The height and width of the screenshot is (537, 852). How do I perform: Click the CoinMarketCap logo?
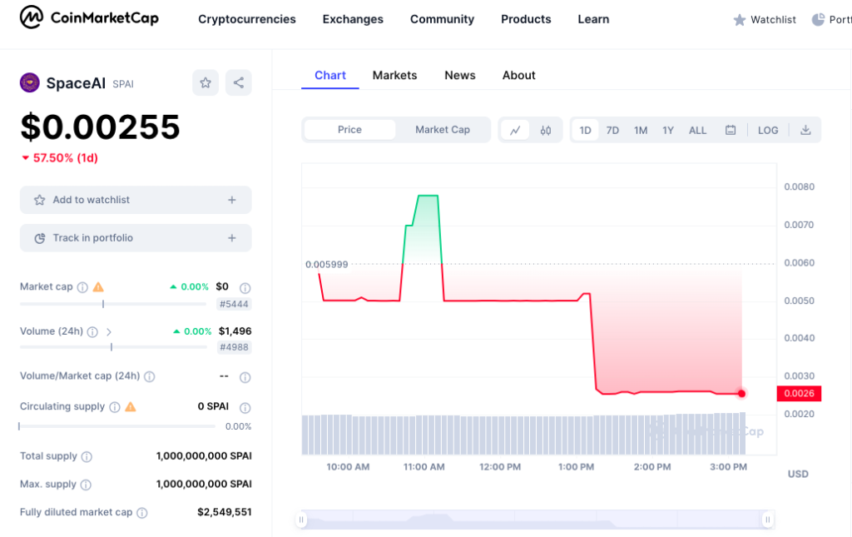(x=89, y=17)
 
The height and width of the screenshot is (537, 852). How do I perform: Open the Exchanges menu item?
(x=353, y=19)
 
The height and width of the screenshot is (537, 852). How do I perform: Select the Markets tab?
(x=394, y=75)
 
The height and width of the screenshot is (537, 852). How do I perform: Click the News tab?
(x=459, y=75)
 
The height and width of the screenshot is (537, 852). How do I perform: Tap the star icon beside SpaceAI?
(x=206, y=82)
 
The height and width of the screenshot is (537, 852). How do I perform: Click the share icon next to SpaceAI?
(x=238, y=82)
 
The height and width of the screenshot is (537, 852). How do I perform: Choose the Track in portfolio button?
(x=136, y=238)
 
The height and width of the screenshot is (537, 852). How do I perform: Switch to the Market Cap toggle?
(x=442, y=130)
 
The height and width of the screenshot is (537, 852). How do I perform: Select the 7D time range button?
(x=612, y=130)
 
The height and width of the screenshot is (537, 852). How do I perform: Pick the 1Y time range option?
(x=668, y=130)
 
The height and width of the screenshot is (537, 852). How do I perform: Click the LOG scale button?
(x=768, y=130)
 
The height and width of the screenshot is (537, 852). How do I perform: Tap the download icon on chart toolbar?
(x=805, y=130)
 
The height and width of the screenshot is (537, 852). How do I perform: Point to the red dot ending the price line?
(x=741, y=393)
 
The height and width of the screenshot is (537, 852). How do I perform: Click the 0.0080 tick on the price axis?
(x=799, y=186)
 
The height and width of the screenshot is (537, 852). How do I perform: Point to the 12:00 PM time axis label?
(x=500, y=467)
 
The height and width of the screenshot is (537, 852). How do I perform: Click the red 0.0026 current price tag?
(x=799, y=393)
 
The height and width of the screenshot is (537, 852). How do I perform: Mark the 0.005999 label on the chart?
(x=327, y=265)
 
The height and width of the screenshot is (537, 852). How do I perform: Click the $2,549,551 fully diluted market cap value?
(x=224, y=512)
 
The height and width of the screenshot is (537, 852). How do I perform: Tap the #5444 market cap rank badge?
(x=234, y=304)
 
